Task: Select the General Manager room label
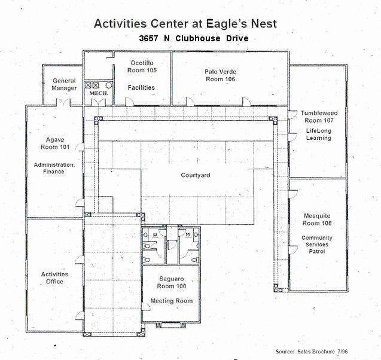click(64, 84)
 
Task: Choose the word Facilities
click(141, 87)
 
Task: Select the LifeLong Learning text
click(318, 134)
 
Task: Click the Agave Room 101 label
click(55, 142)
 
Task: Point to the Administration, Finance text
click(54, 168)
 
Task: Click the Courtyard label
click(196, 175)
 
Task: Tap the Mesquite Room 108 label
click(316, 219)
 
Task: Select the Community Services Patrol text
click(317, 245)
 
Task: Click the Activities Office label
click(54, 278)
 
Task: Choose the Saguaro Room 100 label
click(170, 283)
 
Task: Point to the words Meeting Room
click(171, 301)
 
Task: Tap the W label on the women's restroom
click(154, 235)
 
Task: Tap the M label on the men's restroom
click(187, 235)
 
